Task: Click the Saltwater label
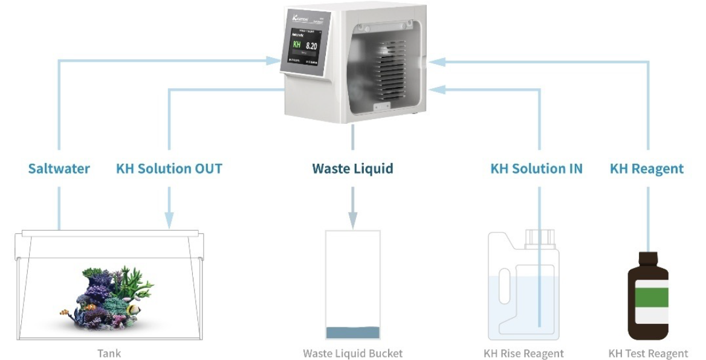click(59, 169)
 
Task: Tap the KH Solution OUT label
click(169, 169)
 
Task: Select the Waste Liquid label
click(352, 169)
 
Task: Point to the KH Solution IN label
click(536, 169)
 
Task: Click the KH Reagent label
click(647, 169)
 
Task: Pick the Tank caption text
click(109, 353)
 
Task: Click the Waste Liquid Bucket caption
click(352, 353)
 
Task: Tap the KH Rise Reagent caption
click(523, 353)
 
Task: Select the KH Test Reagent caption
click(648, 353)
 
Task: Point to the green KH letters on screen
click(297, 45)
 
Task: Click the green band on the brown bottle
click(648, 297)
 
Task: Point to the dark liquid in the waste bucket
click(352, 333)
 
